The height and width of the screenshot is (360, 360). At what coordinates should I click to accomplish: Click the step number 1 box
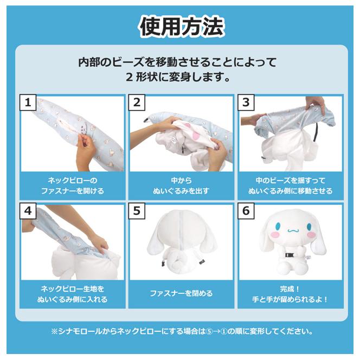[28, 102]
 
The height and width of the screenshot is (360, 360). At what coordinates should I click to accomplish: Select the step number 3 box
[246, 102]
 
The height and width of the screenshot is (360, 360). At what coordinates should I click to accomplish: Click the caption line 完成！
[290, 288]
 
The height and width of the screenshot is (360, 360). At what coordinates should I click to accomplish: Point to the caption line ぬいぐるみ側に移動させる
[290, 191]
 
